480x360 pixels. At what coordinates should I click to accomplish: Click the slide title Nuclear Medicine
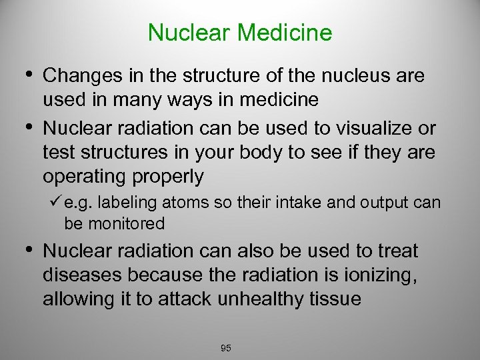[240, 32]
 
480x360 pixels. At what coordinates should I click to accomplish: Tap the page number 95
[225, 348]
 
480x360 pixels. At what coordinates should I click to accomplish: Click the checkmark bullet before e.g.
[56, 202]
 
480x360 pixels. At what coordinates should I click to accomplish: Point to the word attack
[183, 299]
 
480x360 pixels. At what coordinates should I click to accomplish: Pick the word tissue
[337, 299]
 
